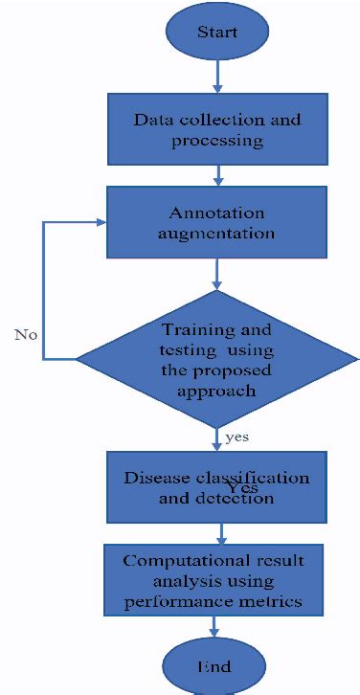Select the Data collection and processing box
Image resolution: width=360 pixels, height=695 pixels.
pos(217,131)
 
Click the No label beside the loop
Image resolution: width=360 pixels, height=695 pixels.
pos(25,334)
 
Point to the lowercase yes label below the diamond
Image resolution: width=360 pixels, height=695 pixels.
pos(238,437)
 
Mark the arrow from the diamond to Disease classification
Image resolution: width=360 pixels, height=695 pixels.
pos(219,438)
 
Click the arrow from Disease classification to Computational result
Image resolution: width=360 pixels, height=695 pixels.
pos(221,531)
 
